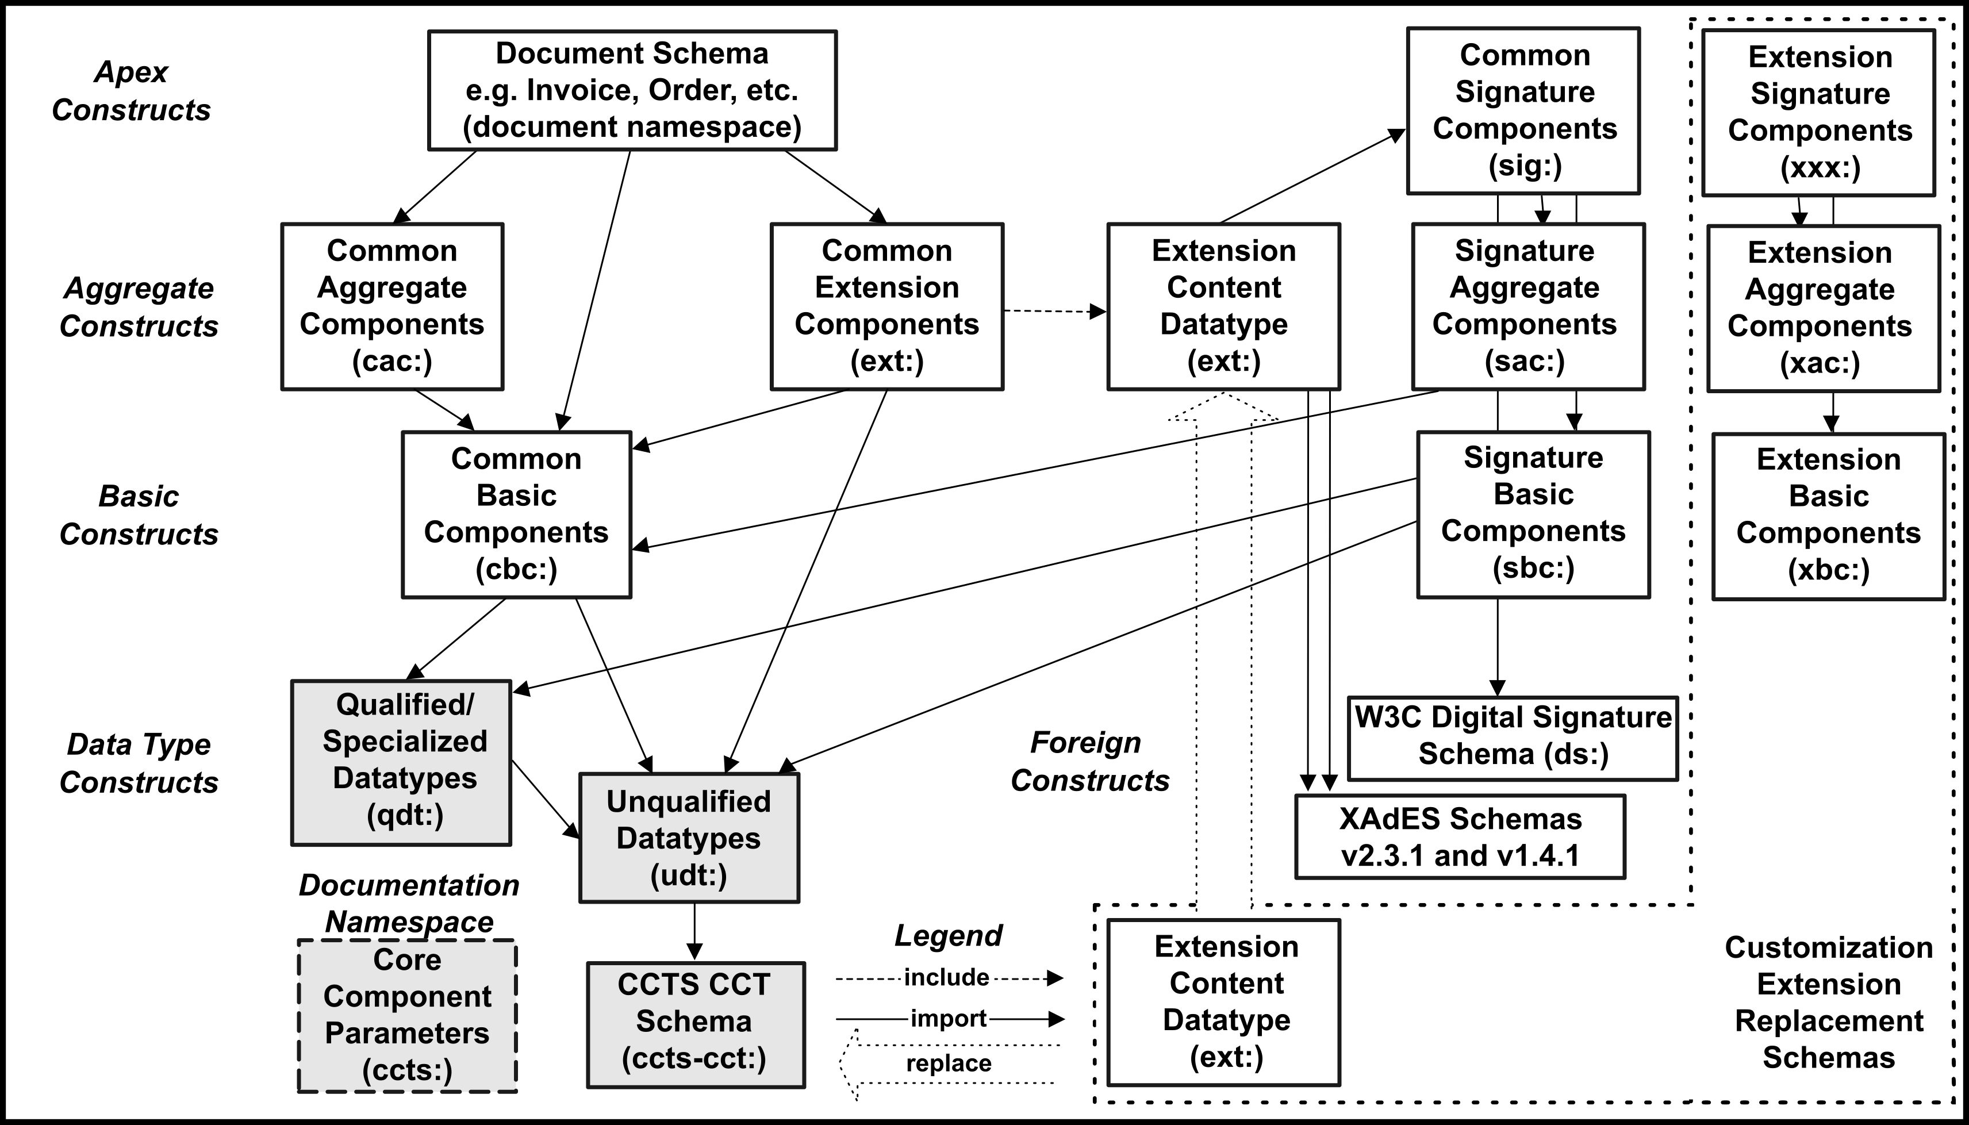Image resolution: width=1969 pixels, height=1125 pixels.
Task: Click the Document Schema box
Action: click(x=632, y=90)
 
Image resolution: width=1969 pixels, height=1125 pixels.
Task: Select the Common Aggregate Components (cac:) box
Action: click(x=392, y=306)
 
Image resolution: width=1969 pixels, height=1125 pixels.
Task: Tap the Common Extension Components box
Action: click(x=887, y=306)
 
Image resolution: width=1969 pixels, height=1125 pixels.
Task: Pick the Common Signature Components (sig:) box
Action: click(x=1523, y=110)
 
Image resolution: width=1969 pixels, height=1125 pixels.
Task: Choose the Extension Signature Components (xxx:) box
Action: click(x=1819, y=113)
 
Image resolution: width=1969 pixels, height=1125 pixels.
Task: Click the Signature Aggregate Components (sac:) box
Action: click(x=1528, y=306)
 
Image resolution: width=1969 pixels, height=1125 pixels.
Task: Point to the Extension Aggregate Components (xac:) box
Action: click(x=1823, y=308)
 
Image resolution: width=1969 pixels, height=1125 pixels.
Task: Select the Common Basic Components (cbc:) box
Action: click(x=516, y=514)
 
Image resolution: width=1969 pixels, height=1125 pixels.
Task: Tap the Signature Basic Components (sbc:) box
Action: click(x=1533, y=514)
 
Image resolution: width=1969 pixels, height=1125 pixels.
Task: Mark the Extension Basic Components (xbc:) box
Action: click(x=1828, y=516)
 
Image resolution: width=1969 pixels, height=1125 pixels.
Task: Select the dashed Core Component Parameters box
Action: click(x=407, y=1015)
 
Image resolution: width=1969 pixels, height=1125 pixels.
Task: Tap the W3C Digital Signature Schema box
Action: click(x=1513, y=738)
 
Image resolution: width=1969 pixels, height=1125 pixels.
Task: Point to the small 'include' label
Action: click(x=946, y=977)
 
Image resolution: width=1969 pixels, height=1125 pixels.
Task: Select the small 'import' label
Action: click(x=948, y=1019)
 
